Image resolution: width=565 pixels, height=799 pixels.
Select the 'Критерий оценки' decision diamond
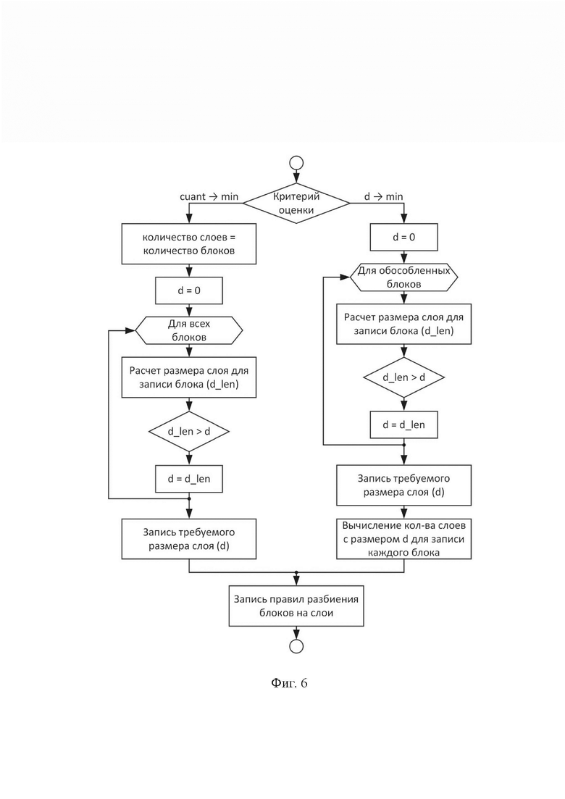[x=296, y=203]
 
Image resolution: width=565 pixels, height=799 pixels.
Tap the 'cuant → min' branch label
[x=209, y=197]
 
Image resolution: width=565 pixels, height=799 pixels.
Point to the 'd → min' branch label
[x=384, y=197]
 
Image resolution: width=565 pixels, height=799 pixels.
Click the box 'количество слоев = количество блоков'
[x=189, y=244]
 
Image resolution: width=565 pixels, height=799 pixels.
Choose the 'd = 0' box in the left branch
[x=189, y=290]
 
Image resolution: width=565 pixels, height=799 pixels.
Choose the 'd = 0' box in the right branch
[x=404, y=237]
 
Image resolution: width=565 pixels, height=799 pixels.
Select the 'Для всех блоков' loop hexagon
[x=189, y=330]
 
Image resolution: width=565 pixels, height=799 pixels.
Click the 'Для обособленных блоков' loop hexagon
[x=404, y=277]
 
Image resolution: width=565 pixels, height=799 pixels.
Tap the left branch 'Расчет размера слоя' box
[x=189, y=377]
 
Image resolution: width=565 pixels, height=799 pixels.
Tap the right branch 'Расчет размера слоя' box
[x=404, y=324]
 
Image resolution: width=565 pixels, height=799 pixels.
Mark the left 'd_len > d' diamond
[x=189, y=432]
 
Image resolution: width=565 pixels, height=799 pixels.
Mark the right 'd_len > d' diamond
[x=404, y=377]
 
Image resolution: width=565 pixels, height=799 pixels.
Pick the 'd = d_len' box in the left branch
[x=189, y=479]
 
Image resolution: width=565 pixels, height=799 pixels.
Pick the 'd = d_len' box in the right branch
[x=404, y=425]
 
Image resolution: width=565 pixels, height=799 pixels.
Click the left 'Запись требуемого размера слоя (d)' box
[x=189, y=539]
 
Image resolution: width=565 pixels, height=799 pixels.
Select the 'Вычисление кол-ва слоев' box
[x=404, y=539]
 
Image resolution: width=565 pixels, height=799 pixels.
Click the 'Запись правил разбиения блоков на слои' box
[x=296, y=606]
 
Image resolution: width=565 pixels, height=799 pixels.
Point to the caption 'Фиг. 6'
[x=289, y=683]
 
